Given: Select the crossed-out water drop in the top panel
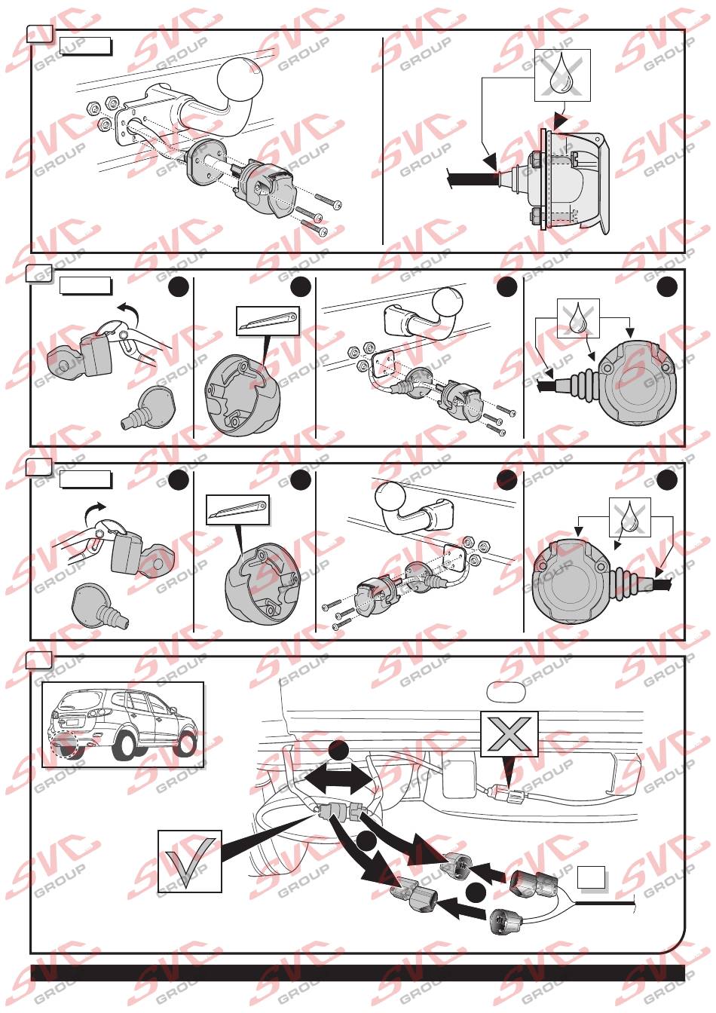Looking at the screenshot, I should tap(562, 75).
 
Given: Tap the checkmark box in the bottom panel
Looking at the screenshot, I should tap(190, 862).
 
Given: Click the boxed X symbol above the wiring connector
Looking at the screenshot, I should tap(509, 733).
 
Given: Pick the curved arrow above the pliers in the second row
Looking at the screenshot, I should tap(129, 310).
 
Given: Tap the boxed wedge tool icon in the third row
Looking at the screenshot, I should tap(237, 510).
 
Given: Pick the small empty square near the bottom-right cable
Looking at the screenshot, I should tap(592, 877).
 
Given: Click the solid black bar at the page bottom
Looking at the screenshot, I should tap(357, 972).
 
